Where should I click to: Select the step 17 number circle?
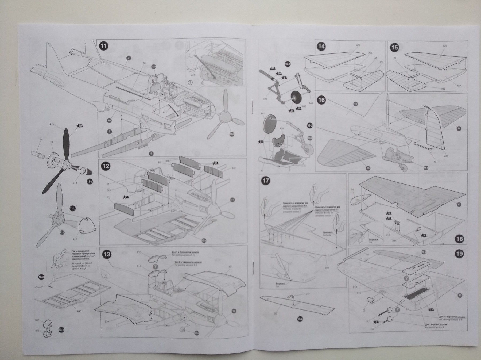coord(266,181)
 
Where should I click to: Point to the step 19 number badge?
coord(459,254)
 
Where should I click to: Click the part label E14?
coord(52,125)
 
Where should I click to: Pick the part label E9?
coord(41,139)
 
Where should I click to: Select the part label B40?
coord(79,311)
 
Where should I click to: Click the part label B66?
coord(37,320)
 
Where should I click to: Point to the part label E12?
coord(139,252)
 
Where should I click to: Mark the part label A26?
coord(358,45)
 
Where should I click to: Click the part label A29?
coord(445,46)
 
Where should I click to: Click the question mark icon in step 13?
coord(155,266)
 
